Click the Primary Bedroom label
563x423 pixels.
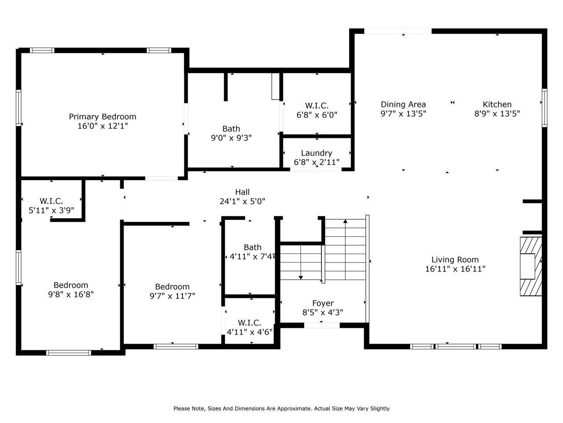102,117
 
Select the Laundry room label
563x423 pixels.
316,153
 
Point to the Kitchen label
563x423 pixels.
497,104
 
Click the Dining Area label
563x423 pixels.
403,104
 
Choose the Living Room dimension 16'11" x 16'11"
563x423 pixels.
455,269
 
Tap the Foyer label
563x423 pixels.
322,303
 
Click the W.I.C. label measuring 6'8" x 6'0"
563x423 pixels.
316,106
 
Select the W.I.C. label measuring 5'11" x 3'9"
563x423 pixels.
51,201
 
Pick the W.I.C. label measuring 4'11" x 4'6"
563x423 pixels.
249,323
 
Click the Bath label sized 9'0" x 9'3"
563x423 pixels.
231,129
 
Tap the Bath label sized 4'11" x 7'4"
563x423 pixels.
252,248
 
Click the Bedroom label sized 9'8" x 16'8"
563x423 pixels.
71,285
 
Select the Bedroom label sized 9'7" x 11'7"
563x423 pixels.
172,287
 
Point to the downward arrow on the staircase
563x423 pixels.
301,276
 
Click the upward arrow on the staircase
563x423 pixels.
345,221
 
